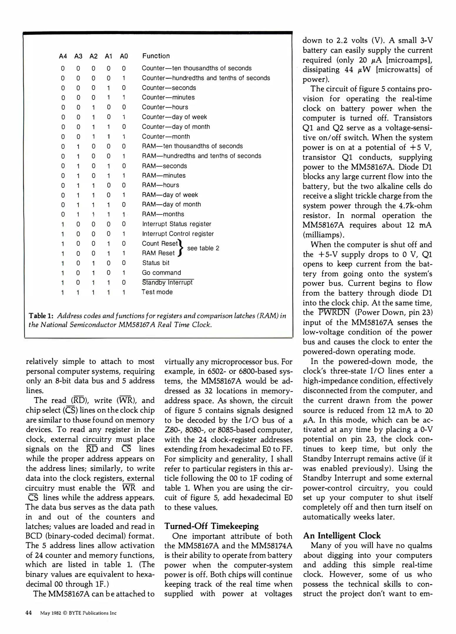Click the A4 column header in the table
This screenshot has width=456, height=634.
click(63, 56)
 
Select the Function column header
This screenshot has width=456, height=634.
click(156, 56)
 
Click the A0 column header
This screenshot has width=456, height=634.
click(124, 56)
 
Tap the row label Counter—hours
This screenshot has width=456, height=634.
click(165, 107)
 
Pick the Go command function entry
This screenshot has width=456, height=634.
click(161, 273)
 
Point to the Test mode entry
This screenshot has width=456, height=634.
click(157, 292)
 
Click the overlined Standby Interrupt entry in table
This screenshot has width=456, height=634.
click(167, 282)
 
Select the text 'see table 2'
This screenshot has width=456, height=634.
click(203, 248)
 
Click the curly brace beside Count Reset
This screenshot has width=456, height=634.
click(181, 248)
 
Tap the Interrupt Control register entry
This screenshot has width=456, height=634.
click(178, 234)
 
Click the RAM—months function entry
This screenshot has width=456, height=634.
click(163, 214)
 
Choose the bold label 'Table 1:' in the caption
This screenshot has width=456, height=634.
click(41, 316)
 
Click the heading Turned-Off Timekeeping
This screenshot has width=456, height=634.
click(211, 526)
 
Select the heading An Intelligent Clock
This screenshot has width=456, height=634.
click(342, 536)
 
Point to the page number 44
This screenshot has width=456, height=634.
click(28, 613)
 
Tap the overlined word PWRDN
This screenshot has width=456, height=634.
click(334, 312)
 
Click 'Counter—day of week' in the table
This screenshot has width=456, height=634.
click(174, 117)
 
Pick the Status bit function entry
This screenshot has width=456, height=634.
click(156, 263)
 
